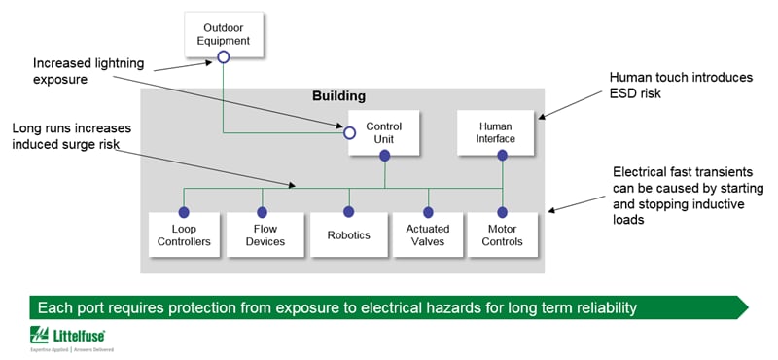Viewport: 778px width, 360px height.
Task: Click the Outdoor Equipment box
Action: [x=227, y=34]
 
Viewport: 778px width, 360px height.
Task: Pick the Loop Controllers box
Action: [x=183, y=234]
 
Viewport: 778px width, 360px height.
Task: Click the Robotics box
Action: [x=348, y=234]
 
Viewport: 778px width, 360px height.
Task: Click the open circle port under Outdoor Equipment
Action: [x=223, y=57]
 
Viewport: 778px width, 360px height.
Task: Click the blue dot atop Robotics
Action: [x=347, y=211]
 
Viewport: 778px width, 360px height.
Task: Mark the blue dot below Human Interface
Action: [x=503, y=156]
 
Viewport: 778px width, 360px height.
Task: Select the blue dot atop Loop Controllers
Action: [x=183, y=211]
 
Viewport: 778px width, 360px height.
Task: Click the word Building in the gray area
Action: [x=338, y=97]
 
